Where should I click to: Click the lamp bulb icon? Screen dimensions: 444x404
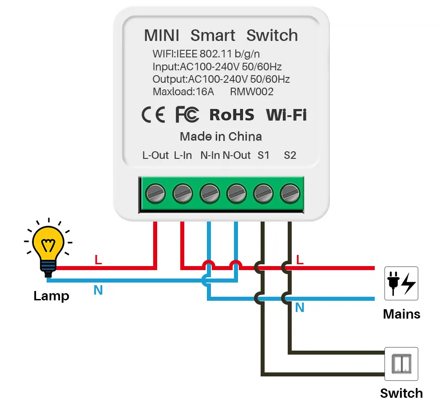(48, 247)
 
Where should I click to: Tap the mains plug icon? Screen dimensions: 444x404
(401, 283)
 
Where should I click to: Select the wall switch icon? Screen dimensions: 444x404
(401, 364)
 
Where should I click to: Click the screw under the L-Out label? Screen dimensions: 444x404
(155, 194)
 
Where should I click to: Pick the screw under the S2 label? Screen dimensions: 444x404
(289, 194)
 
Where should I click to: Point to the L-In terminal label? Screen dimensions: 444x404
(182, 155)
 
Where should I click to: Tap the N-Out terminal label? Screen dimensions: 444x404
(237, 155)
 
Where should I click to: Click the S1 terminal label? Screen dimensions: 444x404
(263, 155)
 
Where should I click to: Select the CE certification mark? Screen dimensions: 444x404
(153, 115)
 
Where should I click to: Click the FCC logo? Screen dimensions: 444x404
(187, 114)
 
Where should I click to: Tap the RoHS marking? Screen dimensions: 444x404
(232, 115)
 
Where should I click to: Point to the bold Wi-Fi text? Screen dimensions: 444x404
(286, 115)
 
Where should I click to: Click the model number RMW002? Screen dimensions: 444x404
(252, 92)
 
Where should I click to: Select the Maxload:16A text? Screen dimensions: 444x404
(183, 92)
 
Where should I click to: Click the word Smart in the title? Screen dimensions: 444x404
(213, 36)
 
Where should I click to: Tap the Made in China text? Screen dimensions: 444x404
(221, 137)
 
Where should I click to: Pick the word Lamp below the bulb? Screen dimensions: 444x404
(51, 296)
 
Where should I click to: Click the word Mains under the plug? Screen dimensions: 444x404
(401, 314)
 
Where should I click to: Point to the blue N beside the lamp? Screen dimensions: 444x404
(98, 290)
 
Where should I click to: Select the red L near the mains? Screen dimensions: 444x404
(300, 259)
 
